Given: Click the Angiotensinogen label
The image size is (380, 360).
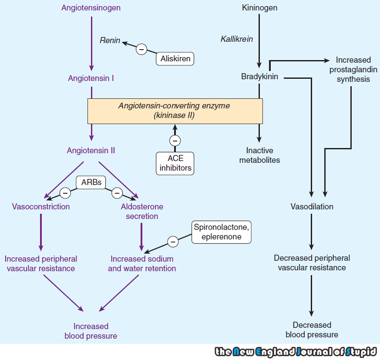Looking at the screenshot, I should pyautogui.click(x=91, y=8).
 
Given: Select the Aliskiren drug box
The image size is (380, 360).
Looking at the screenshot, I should pyautogui.click(x=175, y=58).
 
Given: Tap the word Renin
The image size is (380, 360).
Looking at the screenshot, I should pyautogui.click(x=111, y=40).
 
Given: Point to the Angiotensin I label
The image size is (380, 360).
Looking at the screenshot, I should pyautogui.click(x=91, y=78).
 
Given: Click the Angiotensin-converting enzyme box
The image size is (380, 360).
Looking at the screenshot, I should pyautogui.click(x=175, y=111).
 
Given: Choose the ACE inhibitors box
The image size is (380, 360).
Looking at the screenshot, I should pyautogui.click(x=175, y=163).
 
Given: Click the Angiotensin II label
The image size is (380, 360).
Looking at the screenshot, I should pyautogui.click(x=91, y=151).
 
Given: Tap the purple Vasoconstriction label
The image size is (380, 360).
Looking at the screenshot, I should pyautogui.click(x=41, y=207).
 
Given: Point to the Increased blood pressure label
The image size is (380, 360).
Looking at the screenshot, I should pyautogui.click(x=91, y=331).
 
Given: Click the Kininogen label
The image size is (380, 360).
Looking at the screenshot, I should pyautogui.click(x=259, y=8).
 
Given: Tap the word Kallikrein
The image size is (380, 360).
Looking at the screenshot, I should pyautogui.click(x=237, y=39).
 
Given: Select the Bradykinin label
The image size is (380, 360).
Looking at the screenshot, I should pyautogui.click(x=259, y=77).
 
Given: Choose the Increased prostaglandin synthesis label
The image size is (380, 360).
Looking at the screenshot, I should pyautogui.click(x=353, y=70).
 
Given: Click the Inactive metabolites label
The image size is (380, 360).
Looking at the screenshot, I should pyautogui.click(x=259, y=155).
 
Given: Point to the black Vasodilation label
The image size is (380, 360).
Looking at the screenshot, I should pyautogui.click(x=312, y=207).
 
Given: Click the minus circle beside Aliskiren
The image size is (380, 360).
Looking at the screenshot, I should pyautogui.click(x=141, y=49).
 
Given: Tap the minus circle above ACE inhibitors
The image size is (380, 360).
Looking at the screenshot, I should pyautogui.click(x=175, y=141).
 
